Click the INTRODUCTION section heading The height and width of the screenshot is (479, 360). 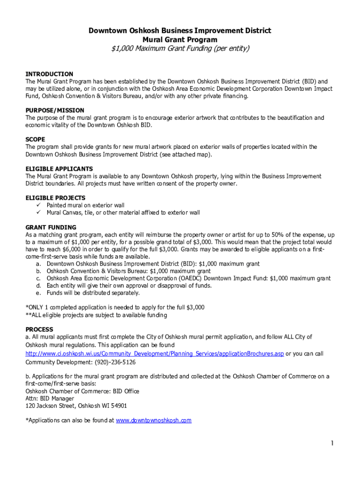pyautogui.click(x=49, y=74)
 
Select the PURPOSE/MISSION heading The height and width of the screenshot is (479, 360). pyautogui.click(x=55, y=110)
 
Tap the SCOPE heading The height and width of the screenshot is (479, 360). pyautogui.click(x=35, y=139)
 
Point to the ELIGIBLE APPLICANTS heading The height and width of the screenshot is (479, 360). pyautogui.click(x=59, y=169)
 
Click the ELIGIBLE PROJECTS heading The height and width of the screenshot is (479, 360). pyautogui.click(x=55, y=198)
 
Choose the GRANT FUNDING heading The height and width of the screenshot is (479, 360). pyautogui.click(x=50, y=227)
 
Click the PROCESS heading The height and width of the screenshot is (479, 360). pyautogui.click(x=39, y=329)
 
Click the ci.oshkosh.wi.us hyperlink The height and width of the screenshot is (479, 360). pyautogui.click(x=154, y=354)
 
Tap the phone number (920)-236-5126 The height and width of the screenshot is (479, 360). pyautogui.click(x=115, y=362)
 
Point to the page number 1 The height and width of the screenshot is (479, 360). pyautogui.click(x=331, y=443)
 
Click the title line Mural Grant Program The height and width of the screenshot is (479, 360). pyautogui.click(x=180, y=40)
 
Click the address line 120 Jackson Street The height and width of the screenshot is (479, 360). pyautogui.click(x=76, y=406)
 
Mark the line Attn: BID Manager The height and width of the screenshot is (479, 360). pyautogui.click(x=50, y=399)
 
